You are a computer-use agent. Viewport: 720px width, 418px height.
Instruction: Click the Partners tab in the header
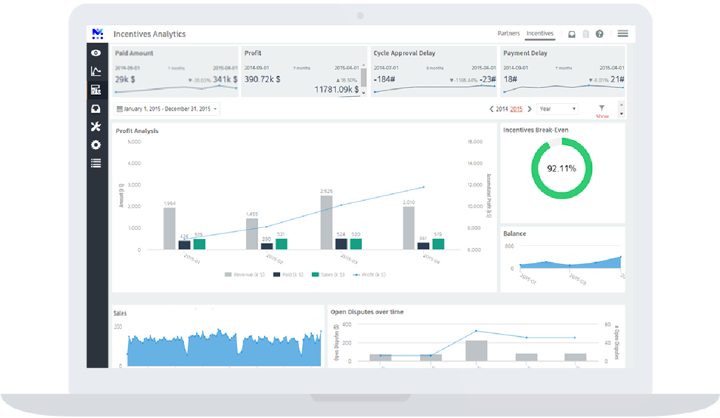point(508,33)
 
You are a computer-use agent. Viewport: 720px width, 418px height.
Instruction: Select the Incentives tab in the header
point(539,33)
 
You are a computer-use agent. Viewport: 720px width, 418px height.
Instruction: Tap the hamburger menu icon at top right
point(622,33)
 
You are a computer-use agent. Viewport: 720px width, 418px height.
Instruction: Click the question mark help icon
point(599,34)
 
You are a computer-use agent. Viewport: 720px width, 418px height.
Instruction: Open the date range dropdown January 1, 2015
point(167,109)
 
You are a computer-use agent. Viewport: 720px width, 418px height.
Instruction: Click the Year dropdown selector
point(557,109)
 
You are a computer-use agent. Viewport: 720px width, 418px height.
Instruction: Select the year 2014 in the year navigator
point(501,109)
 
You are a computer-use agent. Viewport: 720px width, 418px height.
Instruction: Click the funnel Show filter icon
point(602,109)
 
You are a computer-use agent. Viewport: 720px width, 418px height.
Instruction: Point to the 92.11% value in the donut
point(561,168)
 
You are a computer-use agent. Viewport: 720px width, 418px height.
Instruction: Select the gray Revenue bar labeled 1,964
point(169,229)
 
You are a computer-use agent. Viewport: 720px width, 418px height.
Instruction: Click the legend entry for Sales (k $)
point(328,275)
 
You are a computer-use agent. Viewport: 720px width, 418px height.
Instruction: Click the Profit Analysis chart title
point(137,131)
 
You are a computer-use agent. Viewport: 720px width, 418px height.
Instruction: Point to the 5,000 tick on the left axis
point(134,142)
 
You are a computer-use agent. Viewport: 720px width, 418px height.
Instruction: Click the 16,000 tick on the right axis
point(475,142)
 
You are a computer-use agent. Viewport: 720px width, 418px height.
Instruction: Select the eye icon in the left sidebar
point(96,53)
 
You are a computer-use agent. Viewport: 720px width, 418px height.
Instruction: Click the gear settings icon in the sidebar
point(96,145)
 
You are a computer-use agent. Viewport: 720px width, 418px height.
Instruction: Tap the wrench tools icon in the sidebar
point(96,127)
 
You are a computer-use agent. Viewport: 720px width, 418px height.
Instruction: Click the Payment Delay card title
point(525,53)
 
